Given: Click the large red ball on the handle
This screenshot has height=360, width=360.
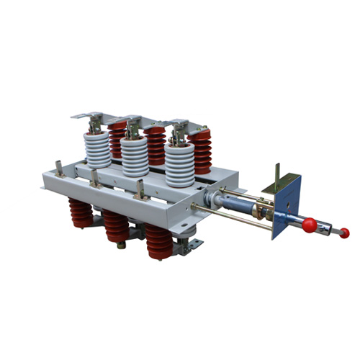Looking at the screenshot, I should (x=308, y=225).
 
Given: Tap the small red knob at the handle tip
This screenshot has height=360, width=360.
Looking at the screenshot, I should (x=344, y=233).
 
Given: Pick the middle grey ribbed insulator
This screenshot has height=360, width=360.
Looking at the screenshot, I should (x=135, y=158).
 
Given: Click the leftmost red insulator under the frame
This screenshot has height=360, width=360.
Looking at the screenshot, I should (x=81, y=214).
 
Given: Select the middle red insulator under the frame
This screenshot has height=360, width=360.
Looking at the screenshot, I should (x=116, y=225).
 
